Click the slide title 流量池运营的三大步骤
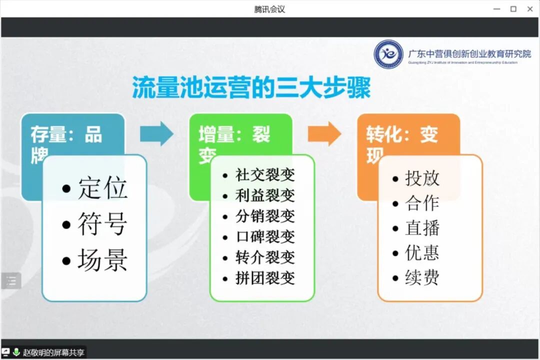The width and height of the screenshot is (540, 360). point(251,87)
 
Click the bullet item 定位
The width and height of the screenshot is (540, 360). point(102,188)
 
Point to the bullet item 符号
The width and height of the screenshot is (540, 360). point(102,224)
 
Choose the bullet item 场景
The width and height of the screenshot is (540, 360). point(102,260)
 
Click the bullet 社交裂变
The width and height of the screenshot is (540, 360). point(265,175)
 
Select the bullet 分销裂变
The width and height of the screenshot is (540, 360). point(265,216)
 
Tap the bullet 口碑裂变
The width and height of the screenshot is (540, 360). point(265,236)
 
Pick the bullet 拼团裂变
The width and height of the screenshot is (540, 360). point(265,278)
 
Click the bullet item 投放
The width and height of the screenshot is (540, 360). point(422,178)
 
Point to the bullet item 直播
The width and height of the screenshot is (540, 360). point(422,228)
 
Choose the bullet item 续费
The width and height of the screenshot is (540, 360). point(422,277)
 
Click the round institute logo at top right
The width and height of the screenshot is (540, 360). point(388,54)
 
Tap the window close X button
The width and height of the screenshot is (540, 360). point(530,9)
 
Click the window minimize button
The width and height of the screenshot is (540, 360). point(496,9)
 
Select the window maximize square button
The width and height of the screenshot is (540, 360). point(513,9)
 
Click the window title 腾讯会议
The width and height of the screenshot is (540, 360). point(269,9)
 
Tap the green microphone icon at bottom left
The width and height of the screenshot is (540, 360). point(16,352)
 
